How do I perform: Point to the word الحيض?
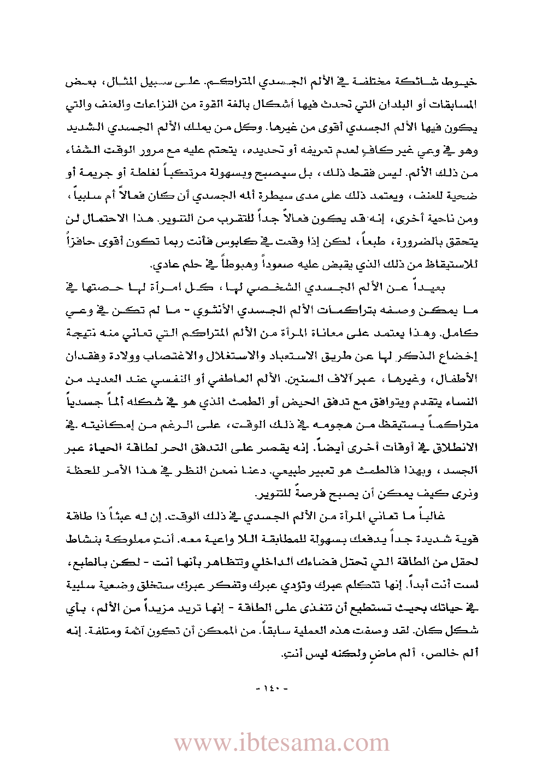[308, 402]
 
